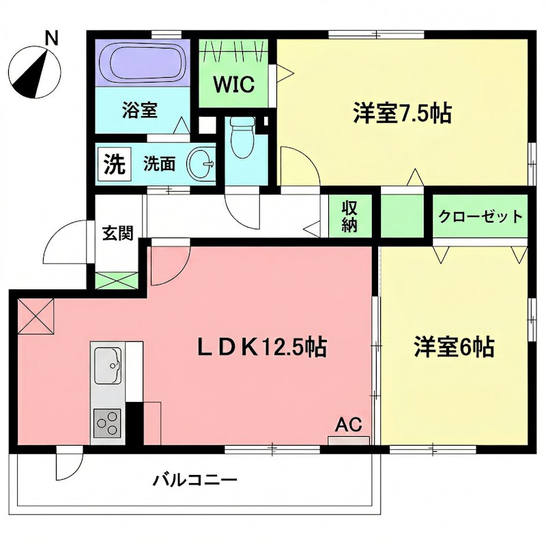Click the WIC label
coord(234,85)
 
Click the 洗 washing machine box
coord(114,164)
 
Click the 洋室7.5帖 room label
coord(401,113)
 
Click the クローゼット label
coord(480,217)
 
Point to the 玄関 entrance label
coord(116,233)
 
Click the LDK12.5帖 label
coord(261,347)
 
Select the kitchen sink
coord(107,364)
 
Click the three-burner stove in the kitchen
coord(106,424)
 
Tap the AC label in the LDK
coord(348,424)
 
